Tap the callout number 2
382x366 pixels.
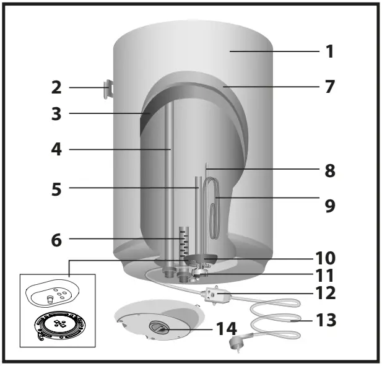56,87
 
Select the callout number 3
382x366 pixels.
56,114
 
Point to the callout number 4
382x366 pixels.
56,149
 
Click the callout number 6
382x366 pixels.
56,238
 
